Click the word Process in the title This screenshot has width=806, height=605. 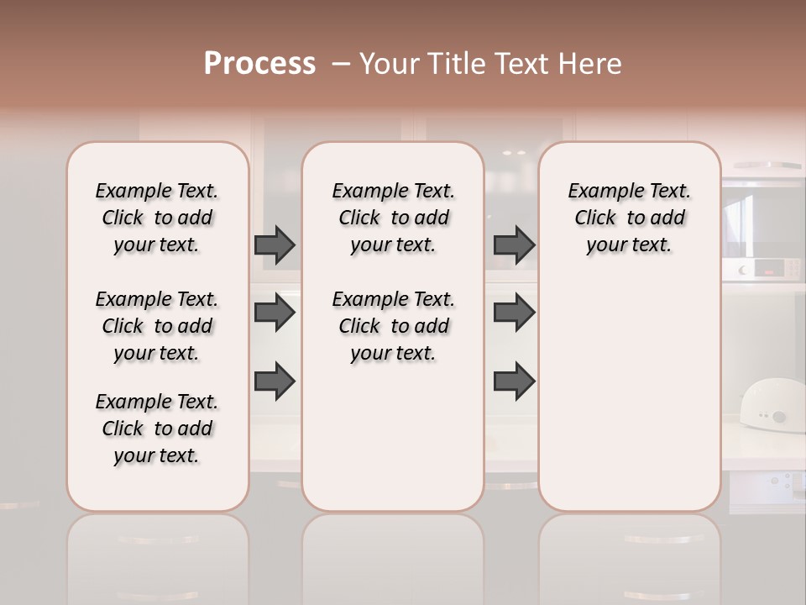tap(259, 64)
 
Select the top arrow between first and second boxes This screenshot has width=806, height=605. tap(275, 245)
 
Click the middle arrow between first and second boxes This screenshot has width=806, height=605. tap(275, 313)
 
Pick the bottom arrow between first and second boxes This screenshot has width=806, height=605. tap(275, 380)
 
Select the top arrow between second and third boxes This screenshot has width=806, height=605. tap(514, 245)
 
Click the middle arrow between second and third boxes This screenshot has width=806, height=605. tap(514, 313)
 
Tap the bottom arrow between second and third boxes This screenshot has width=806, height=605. tap(514, 381)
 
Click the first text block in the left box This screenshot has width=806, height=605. tap(157, 218)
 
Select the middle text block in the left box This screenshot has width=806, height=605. tap(157, 326)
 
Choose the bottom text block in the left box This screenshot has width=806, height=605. tap(157, 429)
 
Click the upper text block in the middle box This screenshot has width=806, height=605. tap(393, 218)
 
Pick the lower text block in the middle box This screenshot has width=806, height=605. tap(393, 326)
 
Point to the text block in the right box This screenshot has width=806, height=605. tap(629, 218)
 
